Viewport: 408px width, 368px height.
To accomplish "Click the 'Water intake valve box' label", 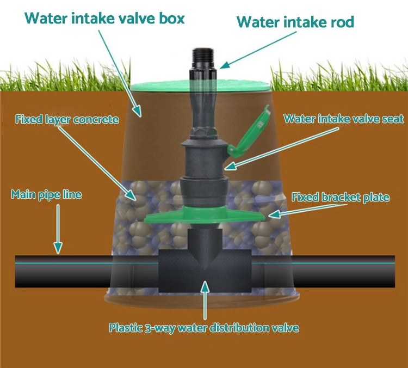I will (x=105, y=19).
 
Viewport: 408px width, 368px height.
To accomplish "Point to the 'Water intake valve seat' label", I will (x=344, y=119).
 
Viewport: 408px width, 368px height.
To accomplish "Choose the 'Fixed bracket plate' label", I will (x=341, y=197).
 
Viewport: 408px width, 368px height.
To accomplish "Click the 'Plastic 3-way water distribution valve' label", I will (x=204, y=328).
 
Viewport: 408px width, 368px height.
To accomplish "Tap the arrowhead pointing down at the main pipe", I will (x=58, y=249).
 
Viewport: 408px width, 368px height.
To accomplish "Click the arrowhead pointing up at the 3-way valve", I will (x=205, y=285).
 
